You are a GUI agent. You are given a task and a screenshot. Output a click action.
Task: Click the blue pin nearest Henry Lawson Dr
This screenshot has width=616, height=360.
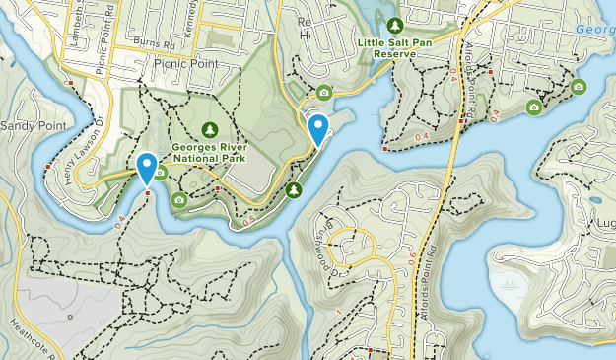coord(147,168)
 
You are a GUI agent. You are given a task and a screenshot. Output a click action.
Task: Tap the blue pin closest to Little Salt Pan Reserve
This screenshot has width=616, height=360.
coord(318,129)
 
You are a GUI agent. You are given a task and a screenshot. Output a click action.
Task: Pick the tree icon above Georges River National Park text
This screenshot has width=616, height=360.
coord(209,129)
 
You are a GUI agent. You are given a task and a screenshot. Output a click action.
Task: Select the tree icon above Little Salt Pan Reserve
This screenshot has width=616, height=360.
coord(395,26)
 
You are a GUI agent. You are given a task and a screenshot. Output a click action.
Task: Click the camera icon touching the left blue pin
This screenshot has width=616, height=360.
coord(160,174)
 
